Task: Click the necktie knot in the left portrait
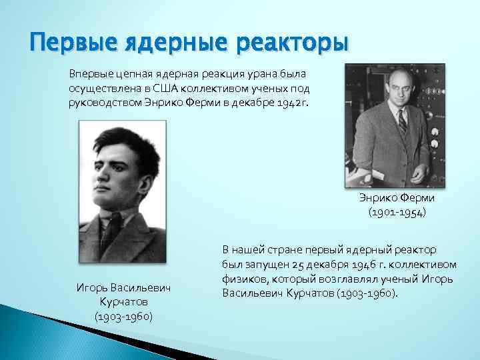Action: point(125,230)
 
